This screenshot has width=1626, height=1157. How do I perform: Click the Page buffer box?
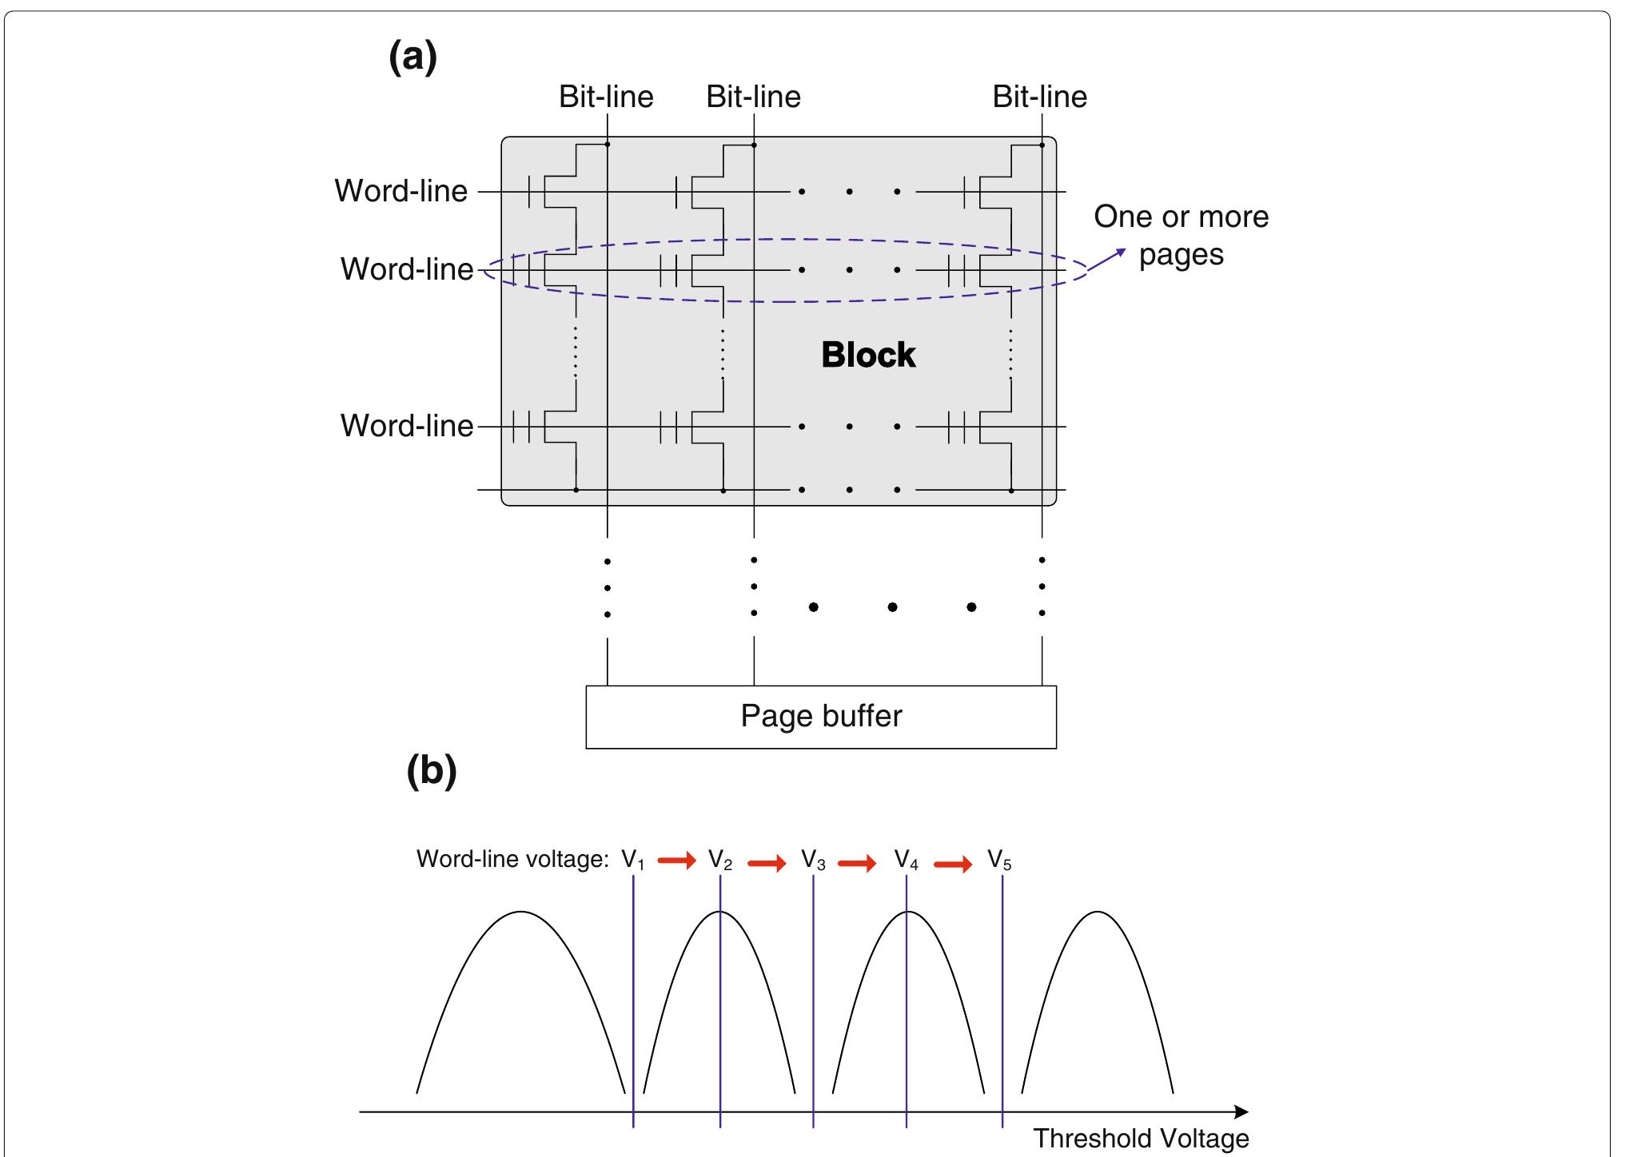pyautogui.click(x=821, y=717)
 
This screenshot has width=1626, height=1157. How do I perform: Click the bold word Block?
pyautogui.click(x=868, y=355)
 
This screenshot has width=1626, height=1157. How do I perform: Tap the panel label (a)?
pyautogui.click(x=412, y=58)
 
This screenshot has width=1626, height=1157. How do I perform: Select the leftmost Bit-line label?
pyautogui.click(x=606, y=97)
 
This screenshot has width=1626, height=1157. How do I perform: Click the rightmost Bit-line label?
pyautogui.click(x=1039, y=97)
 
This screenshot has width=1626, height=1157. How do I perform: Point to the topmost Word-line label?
pyautogui.click(x=401, y=191)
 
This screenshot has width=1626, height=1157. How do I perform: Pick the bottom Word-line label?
pyautogui.click(x=407, y=426)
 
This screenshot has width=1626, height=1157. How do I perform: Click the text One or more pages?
pyautogui.click(x=1181, y=235)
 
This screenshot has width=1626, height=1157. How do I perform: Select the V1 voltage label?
pyautogui.click(x=632, y=861)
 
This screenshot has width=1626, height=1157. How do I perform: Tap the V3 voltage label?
pyautogui.click(x=813, y=861)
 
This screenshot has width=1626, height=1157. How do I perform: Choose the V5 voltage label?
pyautogui.click(x=999, y=861)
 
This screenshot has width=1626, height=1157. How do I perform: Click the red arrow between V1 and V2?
pyautogui.click(x=676, y=861)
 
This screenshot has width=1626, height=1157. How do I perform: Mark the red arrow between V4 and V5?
pyautogui.click(x=953, y=864)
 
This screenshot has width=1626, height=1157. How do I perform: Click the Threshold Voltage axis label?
pyautogui.click(x=1141, y=1139)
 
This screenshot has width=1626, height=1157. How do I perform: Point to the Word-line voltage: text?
pyautogui.click(x=512, y=860)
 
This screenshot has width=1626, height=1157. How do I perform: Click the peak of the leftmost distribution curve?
pyautogui.click(x=521, y=912)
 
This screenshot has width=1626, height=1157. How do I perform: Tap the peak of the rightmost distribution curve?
pyautogui.click(x=1098, y=912)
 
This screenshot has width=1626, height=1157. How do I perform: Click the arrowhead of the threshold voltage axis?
pyautogui.click(x=1241, y=1111)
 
